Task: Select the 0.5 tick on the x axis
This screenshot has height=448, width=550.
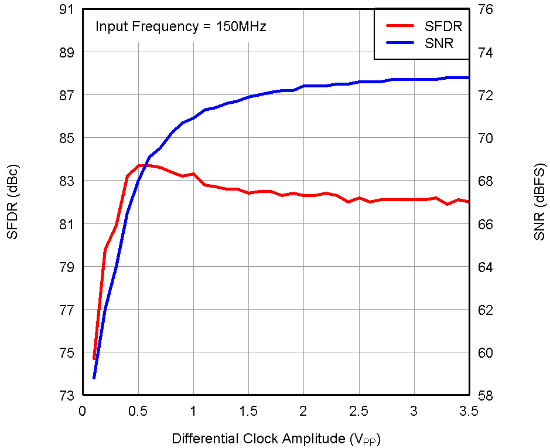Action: [x=138, y=411]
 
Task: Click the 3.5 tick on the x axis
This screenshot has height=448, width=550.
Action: [x=469, y=411]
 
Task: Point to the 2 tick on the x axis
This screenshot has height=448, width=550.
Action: [x=303, y=411]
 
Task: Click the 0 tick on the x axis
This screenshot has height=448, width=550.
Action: [x=83, y=411]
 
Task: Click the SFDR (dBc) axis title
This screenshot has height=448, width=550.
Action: [x=12, y=203]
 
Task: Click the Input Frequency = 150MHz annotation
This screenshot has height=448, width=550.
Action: [x=181, y=26]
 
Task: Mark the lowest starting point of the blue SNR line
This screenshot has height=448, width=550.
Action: [x=94, y=378]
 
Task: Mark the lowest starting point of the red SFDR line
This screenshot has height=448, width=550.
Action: [x=94, y=358]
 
